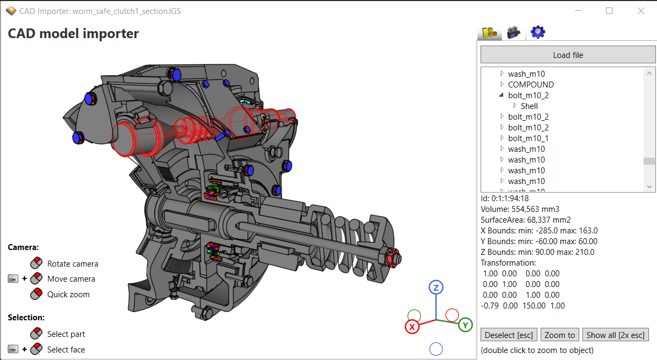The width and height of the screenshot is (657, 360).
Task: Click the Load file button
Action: [x=567, y=55]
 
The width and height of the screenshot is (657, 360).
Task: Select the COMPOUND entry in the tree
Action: [x=530, y=84]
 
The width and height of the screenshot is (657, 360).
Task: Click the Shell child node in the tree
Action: [x=529, y=106]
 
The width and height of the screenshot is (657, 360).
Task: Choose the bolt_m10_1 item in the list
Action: [x=528, y=138]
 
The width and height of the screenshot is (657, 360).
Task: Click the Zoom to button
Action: [x=559, y=335]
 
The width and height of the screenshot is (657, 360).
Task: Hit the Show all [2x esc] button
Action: [x=616, y=335]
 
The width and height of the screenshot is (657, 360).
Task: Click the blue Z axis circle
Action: [x=436, y=288]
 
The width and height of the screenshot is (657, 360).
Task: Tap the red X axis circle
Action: [x=412, y=326]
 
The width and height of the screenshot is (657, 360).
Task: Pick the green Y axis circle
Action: [x=466, y=325]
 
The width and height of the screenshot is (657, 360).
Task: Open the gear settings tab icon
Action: [x=537, y=32]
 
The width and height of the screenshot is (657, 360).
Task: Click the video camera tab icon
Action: [x=514, y=32]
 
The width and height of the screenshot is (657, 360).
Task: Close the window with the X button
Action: [x=640, y=11]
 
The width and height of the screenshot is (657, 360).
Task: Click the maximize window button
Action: [x=609, y=11]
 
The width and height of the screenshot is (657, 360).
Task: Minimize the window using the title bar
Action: [x=578, y=11]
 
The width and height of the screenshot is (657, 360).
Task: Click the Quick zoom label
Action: [x=68, y=294]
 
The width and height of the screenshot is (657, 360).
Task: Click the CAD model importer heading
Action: [x=73, y=33]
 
